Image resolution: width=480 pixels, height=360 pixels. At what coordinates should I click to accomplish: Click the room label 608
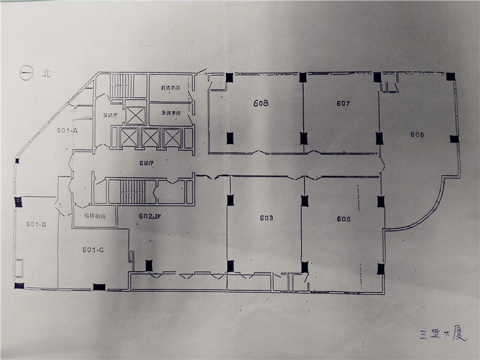pyautogui.click(x=260, y=103)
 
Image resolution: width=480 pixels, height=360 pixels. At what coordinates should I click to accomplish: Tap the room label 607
pyautogui.click(x=343, y=103)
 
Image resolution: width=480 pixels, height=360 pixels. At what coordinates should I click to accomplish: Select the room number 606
pyautogui.click(x=418, y=134)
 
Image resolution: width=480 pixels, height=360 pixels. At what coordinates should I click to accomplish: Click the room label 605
pyautogui.click(x=344, y=219)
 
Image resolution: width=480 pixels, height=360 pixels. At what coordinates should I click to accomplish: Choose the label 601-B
pyautogui.click(x=36, y=224)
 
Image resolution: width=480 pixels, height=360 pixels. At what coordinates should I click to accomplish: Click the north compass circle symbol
pyautogui.click(x=26, y=74)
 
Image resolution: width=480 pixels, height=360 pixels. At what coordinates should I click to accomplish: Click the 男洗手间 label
pyautogui.click(x=170, y=89)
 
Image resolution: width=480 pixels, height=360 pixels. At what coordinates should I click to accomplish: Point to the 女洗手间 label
pyautogui.click(x=170, y=112)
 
